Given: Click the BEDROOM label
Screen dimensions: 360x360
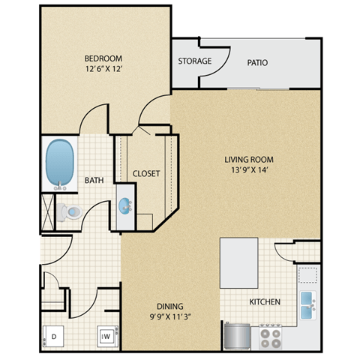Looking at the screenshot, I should click(x=104, y=58).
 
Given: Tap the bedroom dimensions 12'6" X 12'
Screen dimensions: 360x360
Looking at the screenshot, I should click(x=104, y=69).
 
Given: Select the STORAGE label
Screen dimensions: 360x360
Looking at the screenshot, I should click(x=194, y=61).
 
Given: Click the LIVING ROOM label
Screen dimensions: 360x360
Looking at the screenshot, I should click(x=249, y=159).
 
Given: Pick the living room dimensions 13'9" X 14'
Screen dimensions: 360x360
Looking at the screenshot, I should click(x=249, y=170).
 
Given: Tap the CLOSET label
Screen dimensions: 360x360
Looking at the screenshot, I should click(x=146, y=173).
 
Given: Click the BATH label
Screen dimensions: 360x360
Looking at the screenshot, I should click(x=94, y=180).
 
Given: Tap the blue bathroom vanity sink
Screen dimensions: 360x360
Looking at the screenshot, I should click(x=124, y=205).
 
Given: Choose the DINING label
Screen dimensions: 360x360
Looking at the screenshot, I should click(x=170, y=306).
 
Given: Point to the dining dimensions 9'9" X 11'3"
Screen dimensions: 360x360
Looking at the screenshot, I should click(x=170, y=317).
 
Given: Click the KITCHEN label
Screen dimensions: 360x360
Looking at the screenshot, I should click(x=265, y=302).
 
